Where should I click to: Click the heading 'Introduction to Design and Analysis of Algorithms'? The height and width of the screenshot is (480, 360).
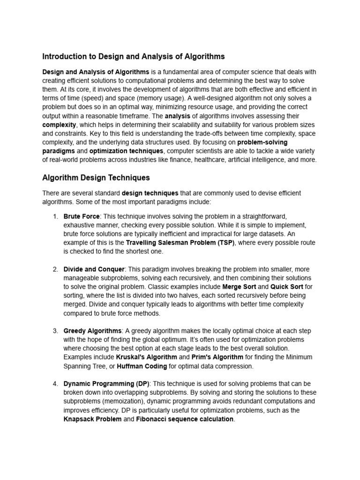[134, 57]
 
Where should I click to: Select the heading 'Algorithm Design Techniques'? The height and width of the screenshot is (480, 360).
[96, 178]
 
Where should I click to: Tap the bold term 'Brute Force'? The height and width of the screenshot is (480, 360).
[82, 217]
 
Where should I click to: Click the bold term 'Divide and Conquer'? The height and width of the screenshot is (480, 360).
[94, 269]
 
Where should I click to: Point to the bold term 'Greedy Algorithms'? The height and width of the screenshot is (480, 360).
[92, 331]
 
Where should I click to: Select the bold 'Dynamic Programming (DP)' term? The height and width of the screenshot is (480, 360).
[106, 384]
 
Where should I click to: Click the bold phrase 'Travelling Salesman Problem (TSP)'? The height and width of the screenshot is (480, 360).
[180, 243]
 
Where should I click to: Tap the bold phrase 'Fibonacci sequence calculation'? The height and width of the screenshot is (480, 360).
[185, 419]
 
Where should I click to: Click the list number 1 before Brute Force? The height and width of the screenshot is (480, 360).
[55, 217]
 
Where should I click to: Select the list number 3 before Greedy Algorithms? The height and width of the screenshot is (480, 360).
[55, 331]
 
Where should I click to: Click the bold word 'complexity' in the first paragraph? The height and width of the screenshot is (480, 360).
[59, 125]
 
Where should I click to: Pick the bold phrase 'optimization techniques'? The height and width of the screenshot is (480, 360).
[126, 151]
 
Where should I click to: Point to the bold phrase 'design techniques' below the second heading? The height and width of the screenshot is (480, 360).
[150, 193]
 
